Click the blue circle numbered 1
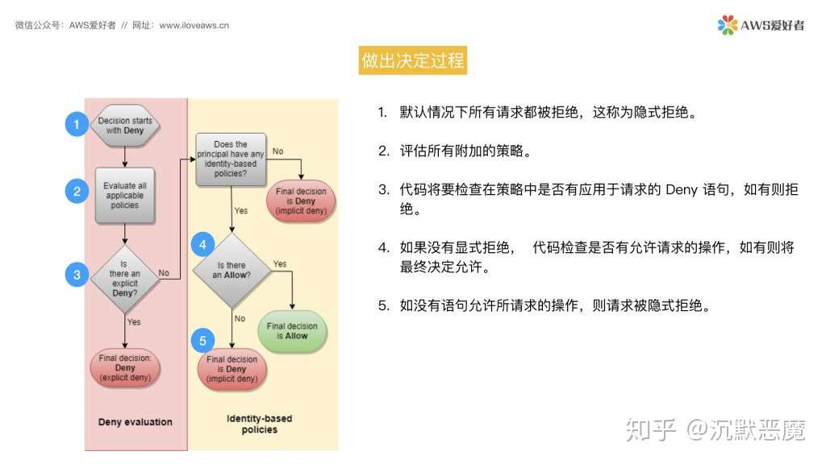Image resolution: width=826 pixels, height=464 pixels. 77,124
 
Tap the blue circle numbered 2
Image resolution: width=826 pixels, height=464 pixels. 77,191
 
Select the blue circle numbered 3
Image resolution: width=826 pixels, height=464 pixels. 77,274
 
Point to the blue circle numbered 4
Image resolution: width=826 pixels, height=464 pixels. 202,244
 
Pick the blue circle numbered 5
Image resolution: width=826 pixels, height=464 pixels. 202,341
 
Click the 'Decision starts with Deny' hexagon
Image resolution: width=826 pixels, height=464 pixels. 125,126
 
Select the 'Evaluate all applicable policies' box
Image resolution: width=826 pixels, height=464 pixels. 125,196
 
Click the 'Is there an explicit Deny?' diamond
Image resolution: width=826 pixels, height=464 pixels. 125,279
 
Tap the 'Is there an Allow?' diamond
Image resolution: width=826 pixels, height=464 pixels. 232,271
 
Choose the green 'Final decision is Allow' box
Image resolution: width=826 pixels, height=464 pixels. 292,331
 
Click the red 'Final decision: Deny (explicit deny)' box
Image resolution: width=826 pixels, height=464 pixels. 125,368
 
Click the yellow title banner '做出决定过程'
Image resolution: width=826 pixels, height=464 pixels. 413,60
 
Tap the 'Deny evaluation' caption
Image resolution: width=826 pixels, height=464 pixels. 135,421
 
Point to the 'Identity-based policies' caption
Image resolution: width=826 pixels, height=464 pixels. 260,424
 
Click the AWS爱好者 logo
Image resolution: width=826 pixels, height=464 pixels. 761,25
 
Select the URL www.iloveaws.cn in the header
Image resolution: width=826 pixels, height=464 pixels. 194,25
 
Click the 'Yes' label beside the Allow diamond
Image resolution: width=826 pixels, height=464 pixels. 280,263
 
